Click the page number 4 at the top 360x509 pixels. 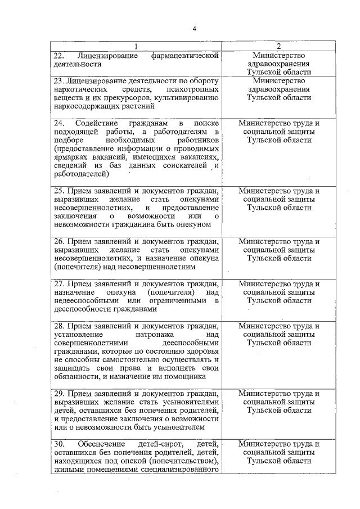[194, 29]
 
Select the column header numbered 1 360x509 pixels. [136, 46]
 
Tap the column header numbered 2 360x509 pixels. [278, 46]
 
